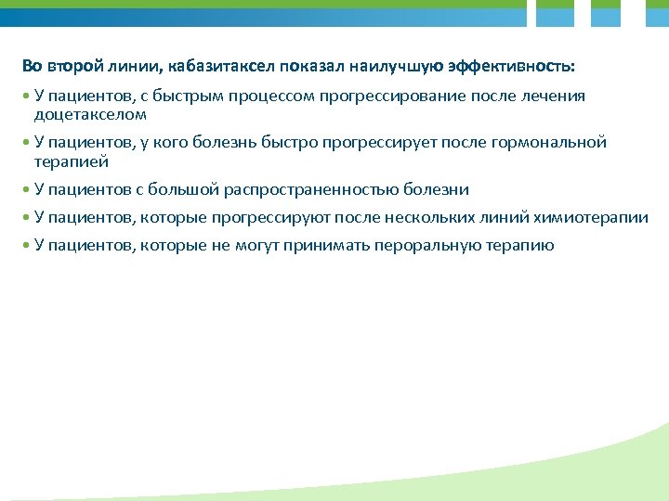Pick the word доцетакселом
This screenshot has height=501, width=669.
coord(90,115)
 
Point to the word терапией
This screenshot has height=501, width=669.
coord(72,161)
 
